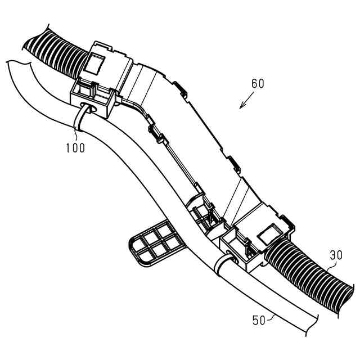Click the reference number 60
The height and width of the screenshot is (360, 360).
[x=258, y=84]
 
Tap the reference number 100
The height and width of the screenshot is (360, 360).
[x=75, y=148]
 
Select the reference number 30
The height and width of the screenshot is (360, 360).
[x=336, y=255]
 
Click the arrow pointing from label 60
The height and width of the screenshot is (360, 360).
[x=245, y=102]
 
